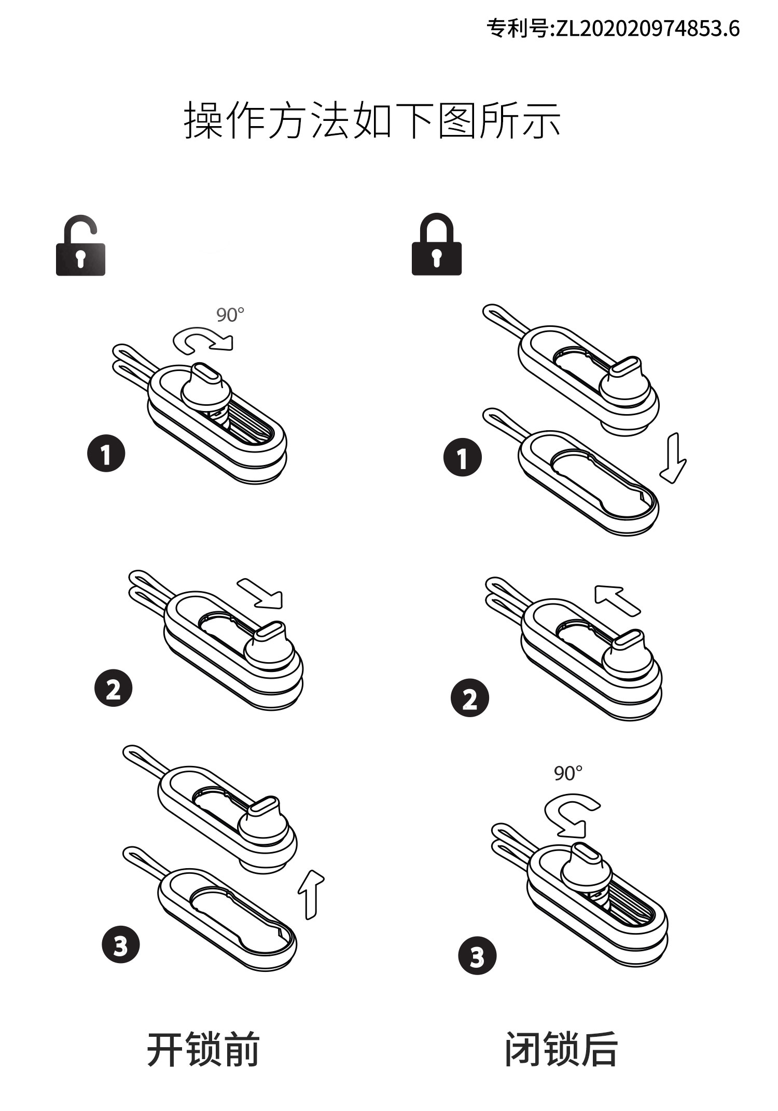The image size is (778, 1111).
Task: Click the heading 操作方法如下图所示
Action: click(372, 121)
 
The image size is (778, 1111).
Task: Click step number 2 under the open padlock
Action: click(113, 689)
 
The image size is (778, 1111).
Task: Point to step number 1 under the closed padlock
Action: click(462, 458)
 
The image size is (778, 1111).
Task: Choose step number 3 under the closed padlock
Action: click(477, 956)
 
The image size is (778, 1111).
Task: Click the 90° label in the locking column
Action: click(568, 774)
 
